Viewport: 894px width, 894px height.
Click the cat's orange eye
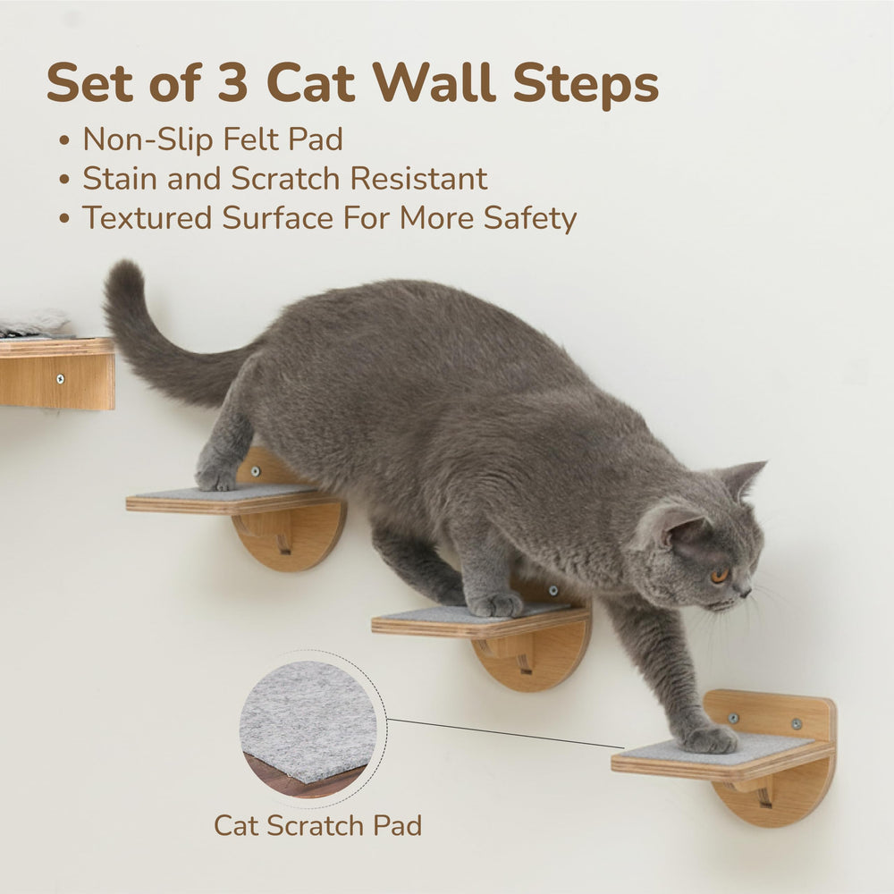point(720,575)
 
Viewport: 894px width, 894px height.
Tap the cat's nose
point(747,592)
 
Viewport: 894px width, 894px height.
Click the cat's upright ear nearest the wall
point(741,479)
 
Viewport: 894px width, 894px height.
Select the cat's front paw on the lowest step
point(709,739)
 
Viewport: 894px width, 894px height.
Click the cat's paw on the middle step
point(495,604)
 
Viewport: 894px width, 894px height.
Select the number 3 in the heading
point(232,84)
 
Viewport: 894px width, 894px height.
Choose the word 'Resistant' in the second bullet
point(419,179)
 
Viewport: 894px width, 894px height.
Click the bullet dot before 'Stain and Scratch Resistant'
point(64,180)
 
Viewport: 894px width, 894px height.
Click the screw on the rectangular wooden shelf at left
point(60,378)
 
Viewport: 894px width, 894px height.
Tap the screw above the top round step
point(256,471)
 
